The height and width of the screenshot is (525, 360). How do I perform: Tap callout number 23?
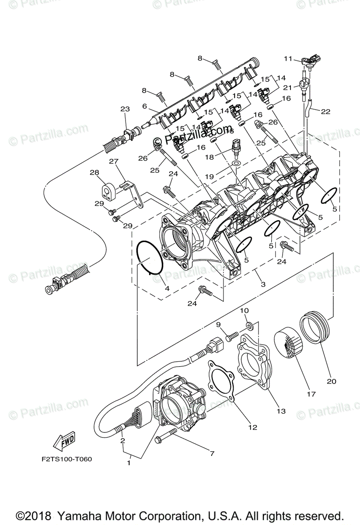point(126,108)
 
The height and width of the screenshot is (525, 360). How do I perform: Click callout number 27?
point(114,161)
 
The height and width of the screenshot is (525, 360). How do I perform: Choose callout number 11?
point(287,58)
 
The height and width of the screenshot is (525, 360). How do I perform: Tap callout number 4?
point(167,288)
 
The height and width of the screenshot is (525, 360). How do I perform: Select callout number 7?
point(212,453)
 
